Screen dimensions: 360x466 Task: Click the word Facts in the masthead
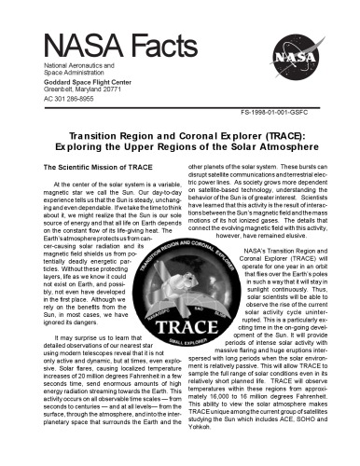(x=151, y=43)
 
